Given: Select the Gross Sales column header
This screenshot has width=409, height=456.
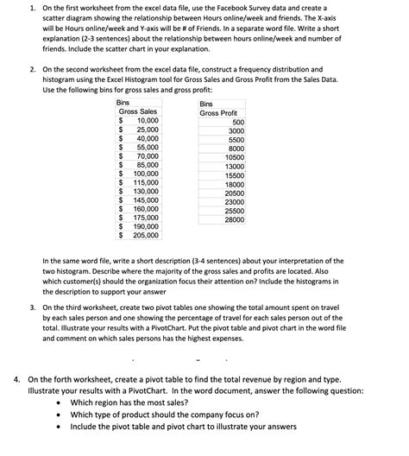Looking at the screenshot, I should pyautogui.click(x=138, y=111).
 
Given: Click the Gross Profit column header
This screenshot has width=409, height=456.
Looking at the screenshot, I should pyautogui.click(x=218, y=113).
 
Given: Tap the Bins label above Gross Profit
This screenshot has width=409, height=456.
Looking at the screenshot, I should pyautogui.click(x=207, y=103).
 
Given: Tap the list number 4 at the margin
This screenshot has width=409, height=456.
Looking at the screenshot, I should pyautogui.click(x=16, y=378).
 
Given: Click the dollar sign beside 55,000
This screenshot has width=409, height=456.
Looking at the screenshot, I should pyautogui.click(x=121, y=147).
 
